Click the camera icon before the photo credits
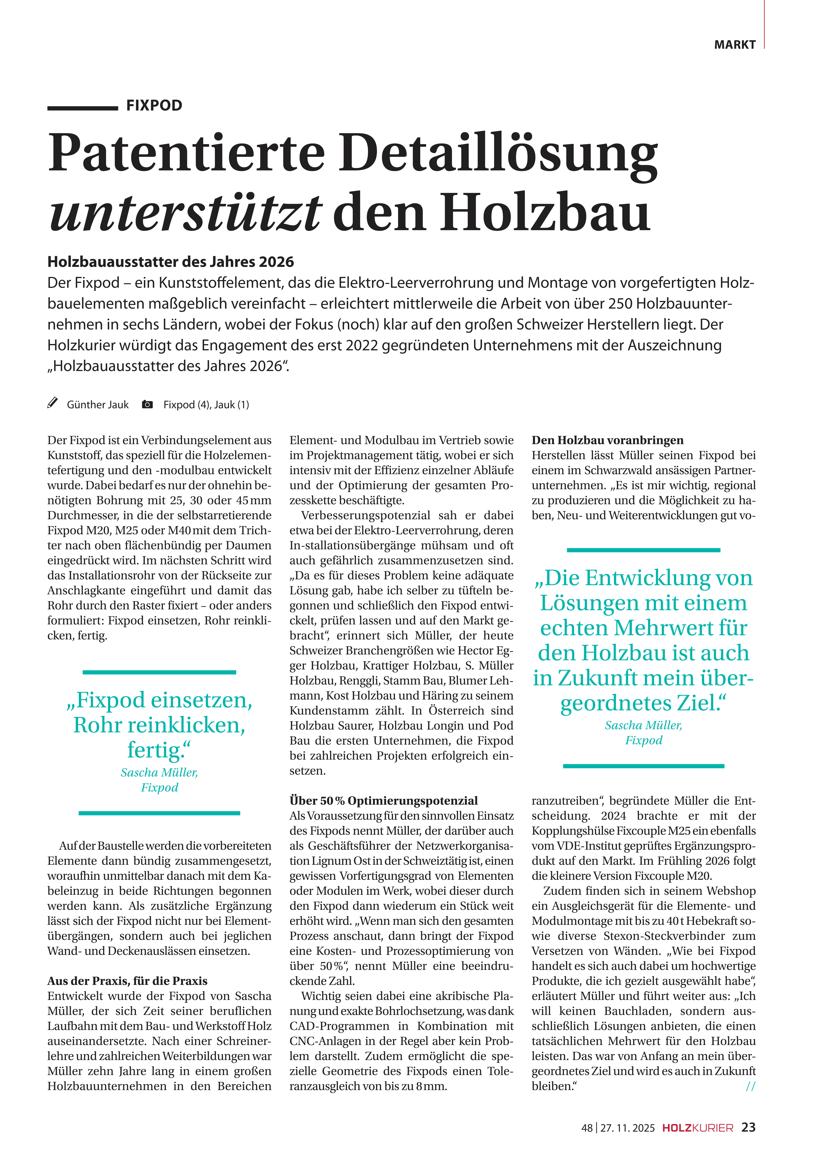(x=147, y=404)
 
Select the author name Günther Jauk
(x=98, y=405)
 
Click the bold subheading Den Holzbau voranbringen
(x=607, y=440)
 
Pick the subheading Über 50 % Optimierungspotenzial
(x=383, y=801)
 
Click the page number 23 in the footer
(x=748, y=1128)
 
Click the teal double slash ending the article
(x=750, y=1086)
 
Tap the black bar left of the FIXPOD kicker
(x=83, y=108)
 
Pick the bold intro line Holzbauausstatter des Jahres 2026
(x=171, y=262)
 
